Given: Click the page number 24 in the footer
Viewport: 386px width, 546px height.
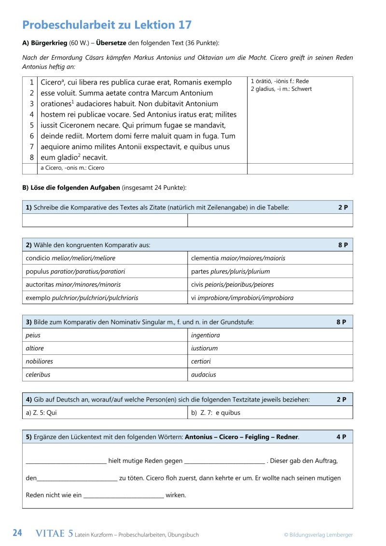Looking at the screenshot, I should [x=17, y=533].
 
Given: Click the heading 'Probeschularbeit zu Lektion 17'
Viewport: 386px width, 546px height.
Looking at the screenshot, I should [x=107, y=25].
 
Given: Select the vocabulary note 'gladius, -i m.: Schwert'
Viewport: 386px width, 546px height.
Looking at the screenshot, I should [x=281, y=89].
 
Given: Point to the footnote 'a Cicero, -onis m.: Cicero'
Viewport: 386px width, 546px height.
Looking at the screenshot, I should [x=72, y=168].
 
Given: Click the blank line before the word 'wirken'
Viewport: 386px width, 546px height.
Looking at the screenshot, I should [x=124, y=496].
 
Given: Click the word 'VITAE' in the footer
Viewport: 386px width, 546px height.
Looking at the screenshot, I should [x=51, y=533].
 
